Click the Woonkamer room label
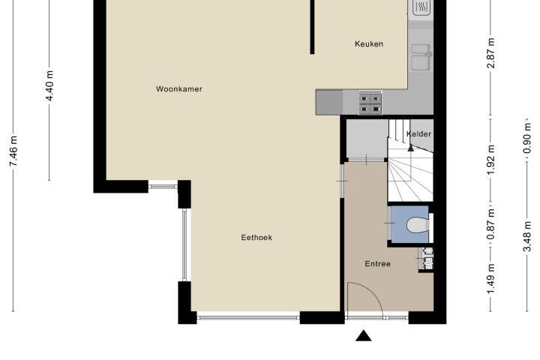click(x=179, y=89)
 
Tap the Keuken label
click(x=369, y=43)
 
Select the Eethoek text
click(x=256, y=237)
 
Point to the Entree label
click(x=378, y=264)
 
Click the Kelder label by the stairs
click(x=418, y=133)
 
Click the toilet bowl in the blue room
click(x=418, y=224)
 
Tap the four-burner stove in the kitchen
click(x=370, y=103)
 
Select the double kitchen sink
click(x=421, y=57)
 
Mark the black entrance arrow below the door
click(x=363, y=335)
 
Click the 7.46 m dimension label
click(x=13, y=151)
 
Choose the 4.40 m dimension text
click(x=49, y=85)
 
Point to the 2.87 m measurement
click(x=491, y=53)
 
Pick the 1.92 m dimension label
click(x=491, y=160)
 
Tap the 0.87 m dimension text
click(x=491, y=224)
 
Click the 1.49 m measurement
click(x=491, y=279)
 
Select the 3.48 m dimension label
click(x=527, y=236)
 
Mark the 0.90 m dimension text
click(x=527, y=139)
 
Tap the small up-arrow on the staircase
click(x=410, y=148)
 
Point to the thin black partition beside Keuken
click(x=312, y=27)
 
